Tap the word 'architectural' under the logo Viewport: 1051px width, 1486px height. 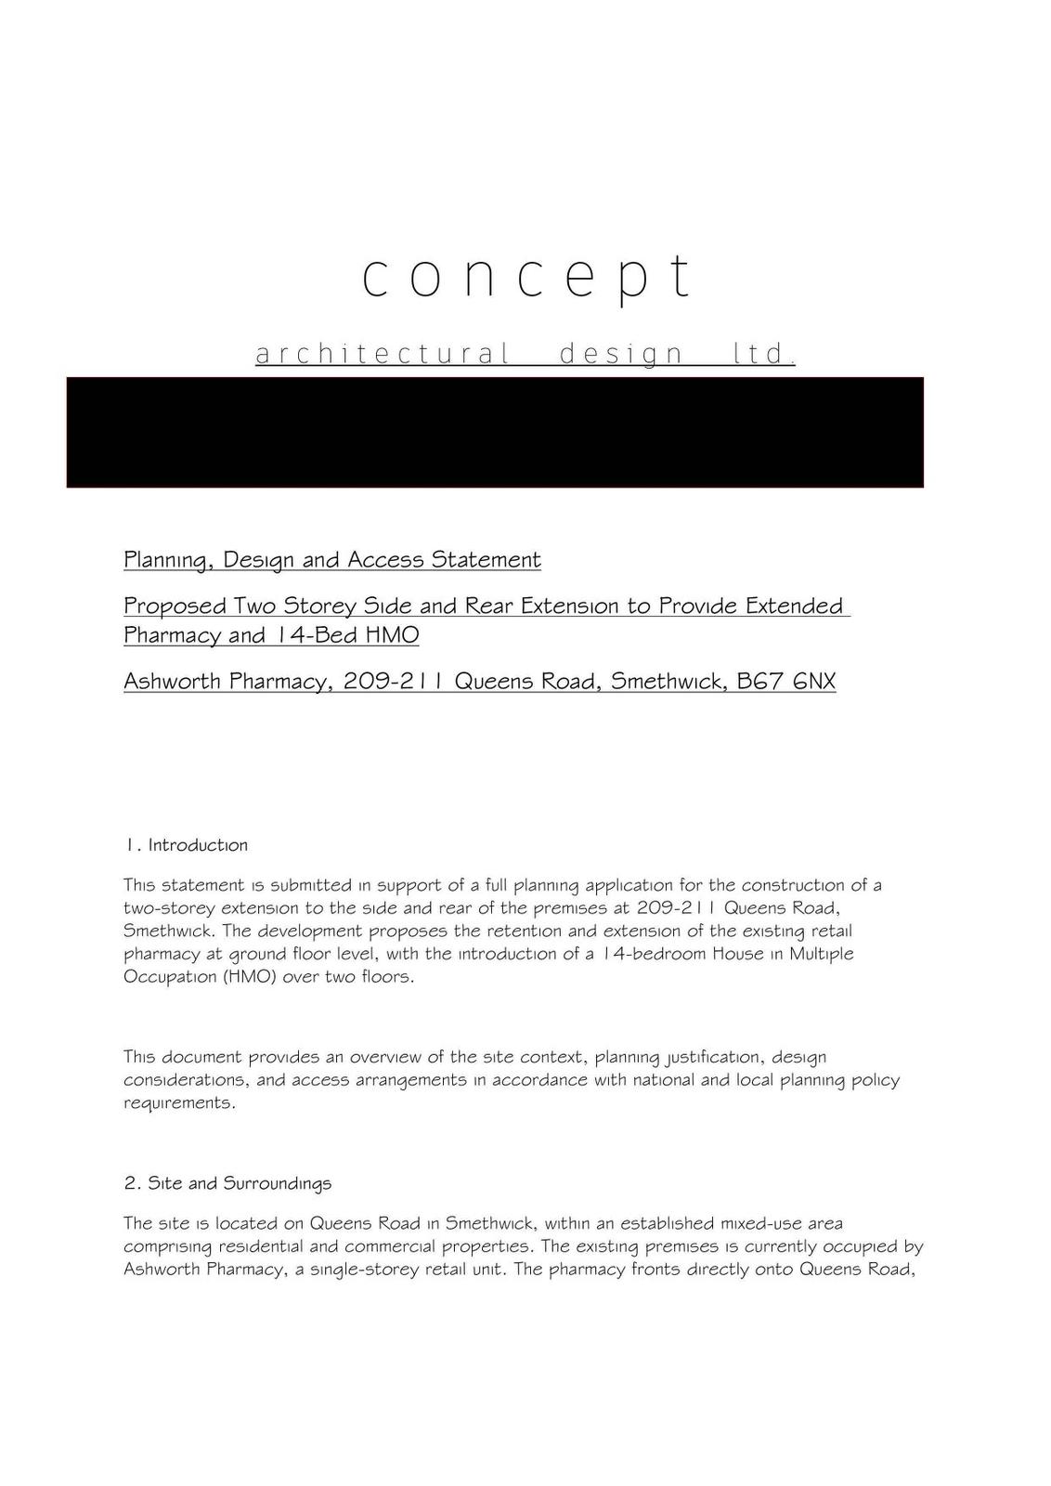click(x=383, y=354)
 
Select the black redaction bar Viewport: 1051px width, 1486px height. click(x=495, y=432)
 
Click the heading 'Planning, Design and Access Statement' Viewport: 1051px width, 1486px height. click(x=331, y=560)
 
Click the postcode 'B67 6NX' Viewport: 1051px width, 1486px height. click(x=785, y=682)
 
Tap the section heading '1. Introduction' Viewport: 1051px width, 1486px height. click(x=186, y=845)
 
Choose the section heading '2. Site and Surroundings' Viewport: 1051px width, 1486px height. click(x=227, y=1183)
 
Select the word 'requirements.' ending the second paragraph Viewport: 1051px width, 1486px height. click(x=179, y=1103)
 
